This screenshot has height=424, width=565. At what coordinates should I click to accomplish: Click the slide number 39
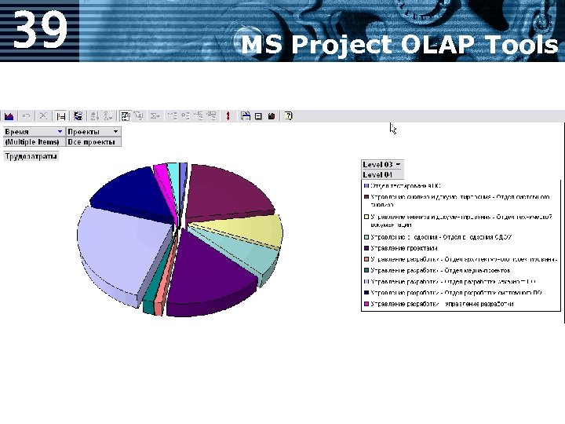[41, 29]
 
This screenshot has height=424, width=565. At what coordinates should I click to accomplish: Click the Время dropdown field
[33, 131]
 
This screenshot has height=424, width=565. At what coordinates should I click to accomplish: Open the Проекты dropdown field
[93, 131]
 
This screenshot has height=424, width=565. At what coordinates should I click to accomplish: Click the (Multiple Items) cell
[33, 141]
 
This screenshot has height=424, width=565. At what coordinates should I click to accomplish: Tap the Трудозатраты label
[31, 156]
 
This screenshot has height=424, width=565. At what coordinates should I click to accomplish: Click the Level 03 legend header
[382, 164]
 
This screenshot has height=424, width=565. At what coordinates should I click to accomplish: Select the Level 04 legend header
[377, 174]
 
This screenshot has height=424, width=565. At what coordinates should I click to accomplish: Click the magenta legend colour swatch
[366, 304]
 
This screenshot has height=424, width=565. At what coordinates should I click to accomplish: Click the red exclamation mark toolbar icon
[228, 116]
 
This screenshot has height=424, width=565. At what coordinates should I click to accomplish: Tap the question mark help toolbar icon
[288, 116]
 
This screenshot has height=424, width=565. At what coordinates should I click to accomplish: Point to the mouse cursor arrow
[393, 128]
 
